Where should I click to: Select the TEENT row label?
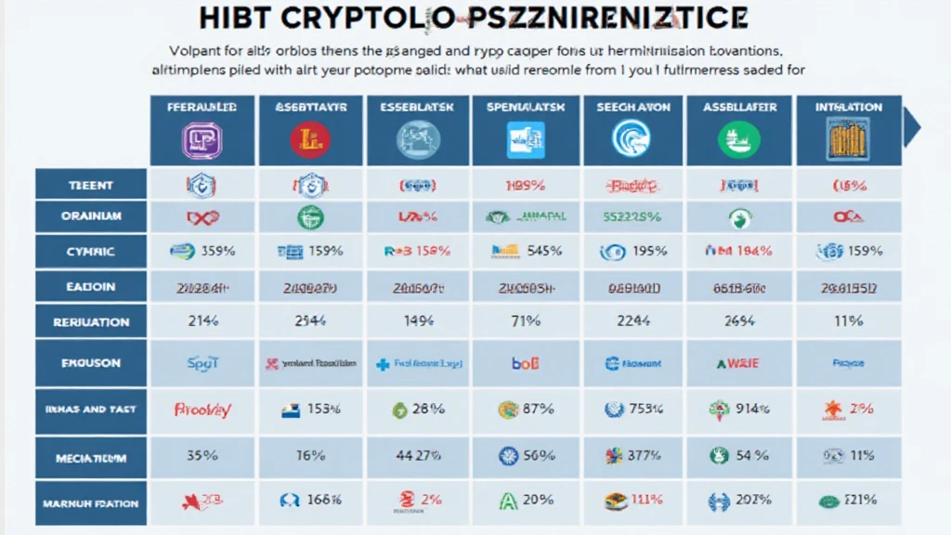[x=90, y=186]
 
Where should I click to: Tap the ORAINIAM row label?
[x=90, y=216]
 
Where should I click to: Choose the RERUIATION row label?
[x=90, y=322]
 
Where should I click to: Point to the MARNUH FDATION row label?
[x=90, y=503]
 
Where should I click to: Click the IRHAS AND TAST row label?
[x=90, y=409]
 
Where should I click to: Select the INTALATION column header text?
[x=848, y=107]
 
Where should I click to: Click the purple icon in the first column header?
[x=202, y=139]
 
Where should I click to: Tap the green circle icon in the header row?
[x=738, y=139]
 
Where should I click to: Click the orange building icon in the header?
[x=848, y=139]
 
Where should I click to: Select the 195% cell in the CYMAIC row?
[x=648, y=251]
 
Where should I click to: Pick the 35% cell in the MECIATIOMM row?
[x=202, y=455]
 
